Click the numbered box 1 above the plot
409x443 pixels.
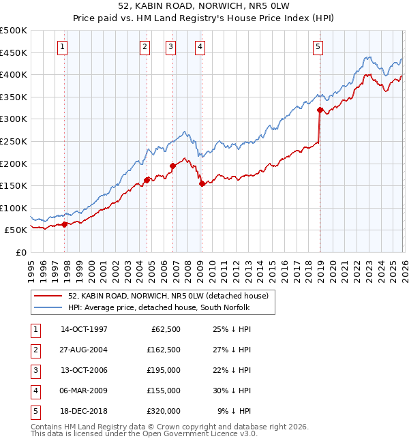(62, 47)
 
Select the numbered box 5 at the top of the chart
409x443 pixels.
(318, 47)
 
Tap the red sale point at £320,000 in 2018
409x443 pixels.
(320, 109)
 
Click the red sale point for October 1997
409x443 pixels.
(65, 224)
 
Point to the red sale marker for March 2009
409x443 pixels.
(201, 183)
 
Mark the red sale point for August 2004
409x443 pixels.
(147, 180)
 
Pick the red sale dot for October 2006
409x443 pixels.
(172, 166)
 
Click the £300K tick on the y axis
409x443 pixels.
(14, 119)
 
